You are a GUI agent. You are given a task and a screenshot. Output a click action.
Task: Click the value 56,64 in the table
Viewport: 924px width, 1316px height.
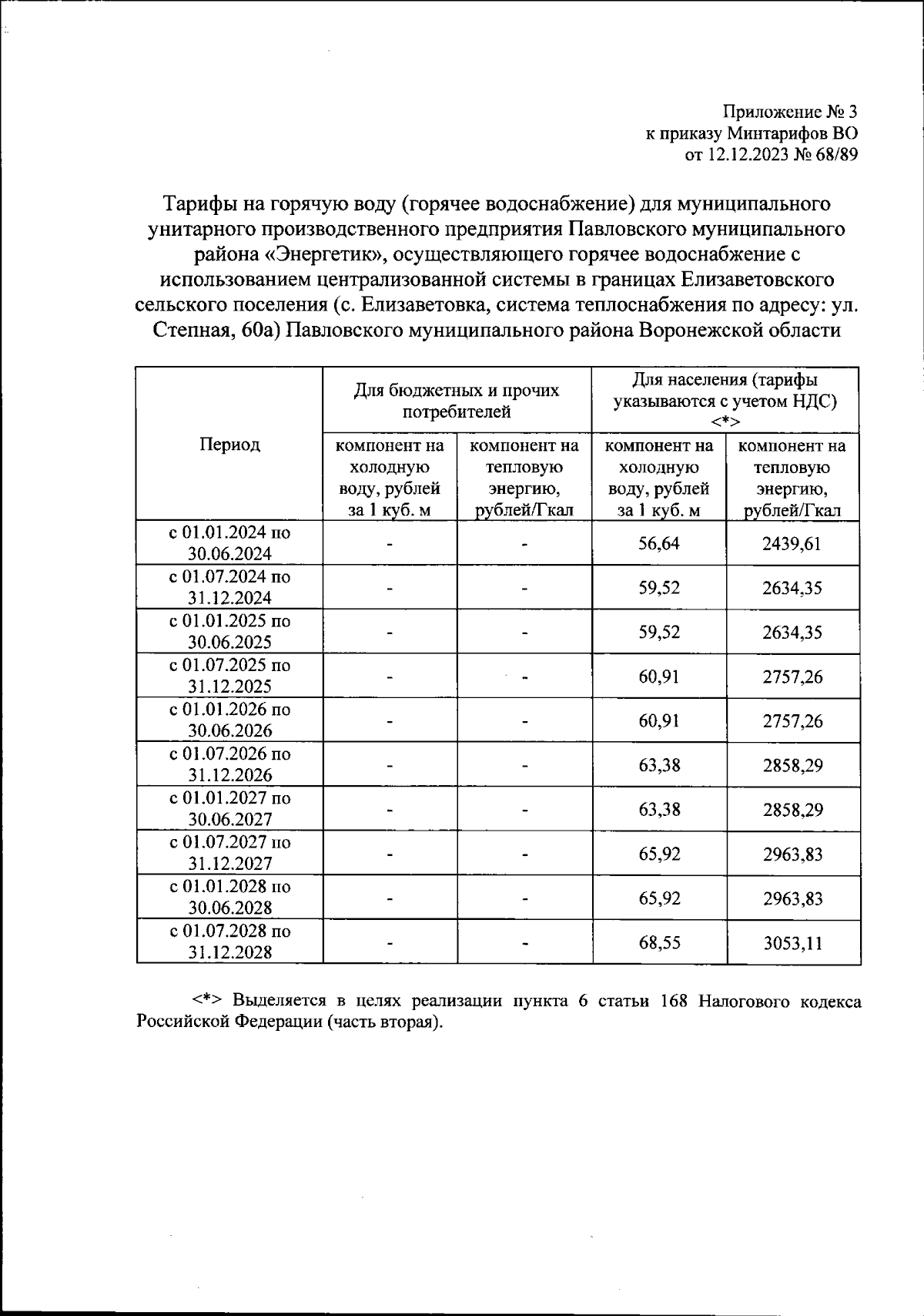658,543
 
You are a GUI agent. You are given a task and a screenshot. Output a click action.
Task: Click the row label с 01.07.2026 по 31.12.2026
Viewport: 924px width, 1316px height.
229,764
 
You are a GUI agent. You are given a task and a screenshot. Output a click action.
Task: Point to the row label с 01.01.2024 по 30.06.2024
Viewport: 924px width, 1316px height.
229,542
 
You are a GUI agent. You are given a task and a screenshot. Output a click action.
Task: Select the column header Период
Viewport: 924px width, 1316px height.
229,445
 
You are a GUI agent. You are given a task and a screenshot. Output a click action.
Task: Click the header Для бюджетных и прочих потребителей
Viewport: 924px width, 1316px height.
457,401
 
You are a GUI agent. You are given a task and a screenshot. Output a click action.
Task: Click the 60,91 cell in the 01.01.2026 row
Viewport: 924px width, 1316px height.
658,720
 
